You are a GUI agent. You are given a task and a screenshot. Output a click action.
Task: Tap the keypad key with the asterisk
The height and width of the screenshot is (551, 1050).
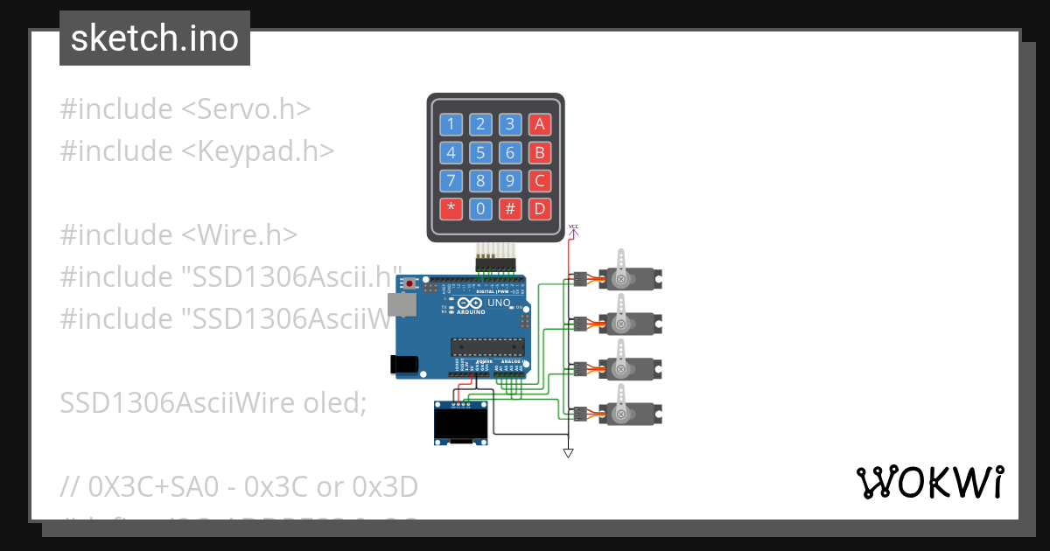click(451, 209)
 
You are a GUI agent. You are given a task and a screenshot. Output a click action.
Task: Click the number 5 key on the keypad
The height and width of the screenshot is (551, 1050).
click(480, 153)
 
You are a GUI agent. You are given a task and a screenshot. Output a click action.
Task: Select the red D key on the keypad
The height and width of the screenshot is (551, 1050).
click(540, 209)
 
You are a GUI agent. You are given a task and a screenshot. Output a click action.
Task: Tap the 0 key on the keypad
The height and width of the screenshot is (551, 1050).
click(480, 209)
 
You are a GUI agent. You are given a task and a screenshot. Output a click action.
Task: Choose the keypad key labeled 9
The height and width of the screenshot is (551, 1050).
click(510, 181)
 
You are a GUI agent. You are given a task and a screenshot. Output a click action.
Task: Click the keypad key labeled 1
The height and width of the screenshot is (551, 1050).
click(451, 124)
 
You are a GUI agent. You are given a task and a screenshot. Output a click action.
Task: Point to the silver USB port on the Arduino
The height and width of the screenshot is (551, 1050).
click(404, 303)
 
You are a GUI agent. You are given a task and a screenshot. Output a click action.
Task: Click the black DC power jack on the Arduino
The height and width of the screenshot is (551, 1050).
click(402, 365)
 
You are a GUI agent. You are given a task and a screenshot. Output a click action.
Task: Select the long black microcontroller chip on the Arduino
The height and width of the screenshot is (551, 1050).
click(486, 347)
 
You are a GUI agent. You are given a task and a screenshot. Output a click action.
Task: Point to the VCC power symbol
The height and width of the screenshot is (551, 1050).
click(573, 231)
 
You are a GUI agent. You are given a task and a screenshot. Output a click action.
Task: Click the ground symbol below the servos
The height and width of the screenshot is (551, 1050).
click(568, 452)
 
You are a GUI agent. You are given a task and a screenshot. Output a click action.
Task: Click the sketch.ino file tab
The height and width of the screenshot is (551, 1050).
click(155, 38)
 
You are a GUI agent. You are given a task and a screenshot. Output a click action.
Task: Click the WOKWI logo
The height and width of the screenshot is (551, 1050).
click(929, 482)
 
